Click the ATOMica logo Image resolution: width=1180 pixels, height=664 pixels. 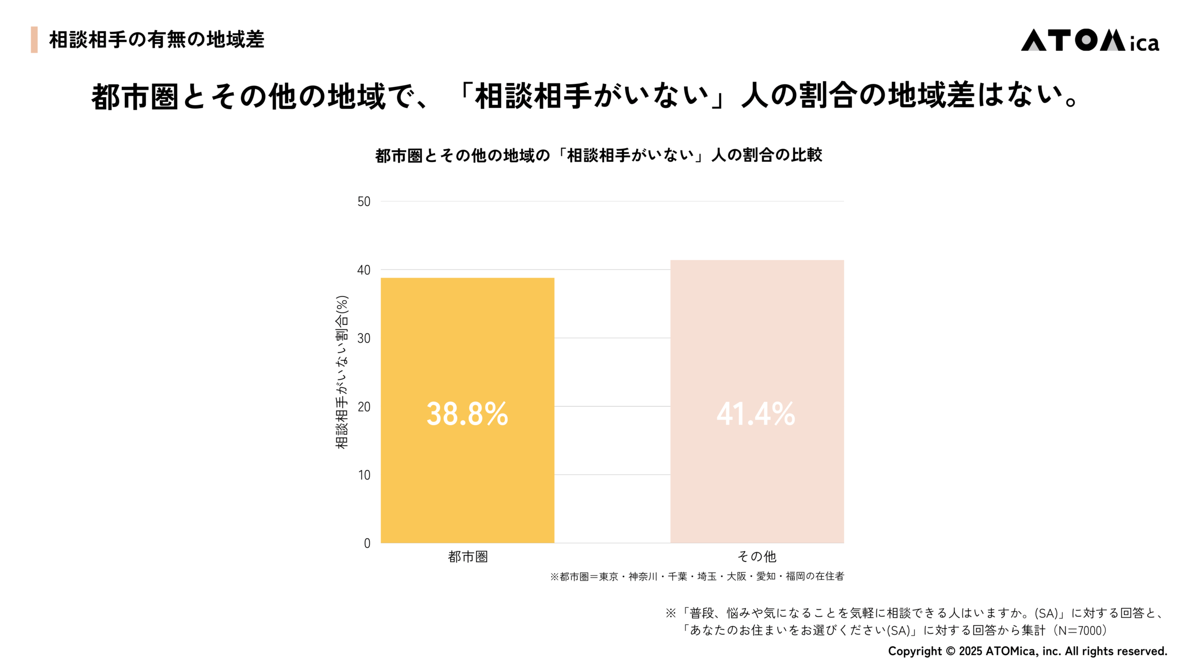[x=1089, y=41]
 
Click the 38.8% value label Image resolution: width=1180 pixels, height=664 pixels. [x=467, y=414]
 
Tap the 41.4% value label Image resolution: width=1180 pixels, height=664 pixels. [x=755, y=414]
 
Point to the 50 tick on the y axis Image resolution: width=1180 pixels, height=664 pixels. [x=364, y=202]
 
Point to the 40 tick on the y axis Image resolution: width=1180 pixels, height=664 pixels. [x=364, y=270]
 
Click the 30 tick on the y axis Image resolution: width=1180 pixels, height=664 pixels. [x=364, y=338]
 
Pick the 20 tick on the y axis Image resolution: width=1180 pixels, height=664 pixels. [x=364, y=407]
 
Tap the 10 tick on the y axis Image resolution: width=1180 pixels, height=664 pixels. [x=364, y=475]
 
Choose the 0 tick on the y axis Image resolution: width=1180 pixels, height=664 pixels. [x=367, y=543]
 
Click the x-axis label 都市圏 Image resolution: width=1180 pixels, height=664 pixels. [x=467, y=557]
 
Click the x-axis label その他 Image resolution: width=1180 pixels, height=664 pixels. [x=756, y=557]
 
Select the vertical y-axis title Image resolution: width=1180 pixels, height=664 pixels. [x=342, y=372]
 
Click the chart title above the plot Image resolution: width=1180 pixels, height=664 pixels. [x=598, y=155]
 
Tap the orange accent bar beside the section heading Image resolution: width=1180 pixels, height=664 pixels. [x=34, y=40]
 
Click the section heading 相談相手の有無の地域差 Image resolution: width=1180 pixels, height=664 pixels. [x=156, y=40]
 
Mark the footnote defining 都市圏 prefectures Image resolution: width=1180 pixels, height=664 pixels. [x=696, y=576]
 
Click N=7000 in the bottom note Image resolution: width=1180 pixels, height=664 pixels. [x=1082, y=630]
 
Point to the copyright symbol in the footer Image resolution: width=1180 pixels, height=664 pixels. [x=950, y=651]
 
